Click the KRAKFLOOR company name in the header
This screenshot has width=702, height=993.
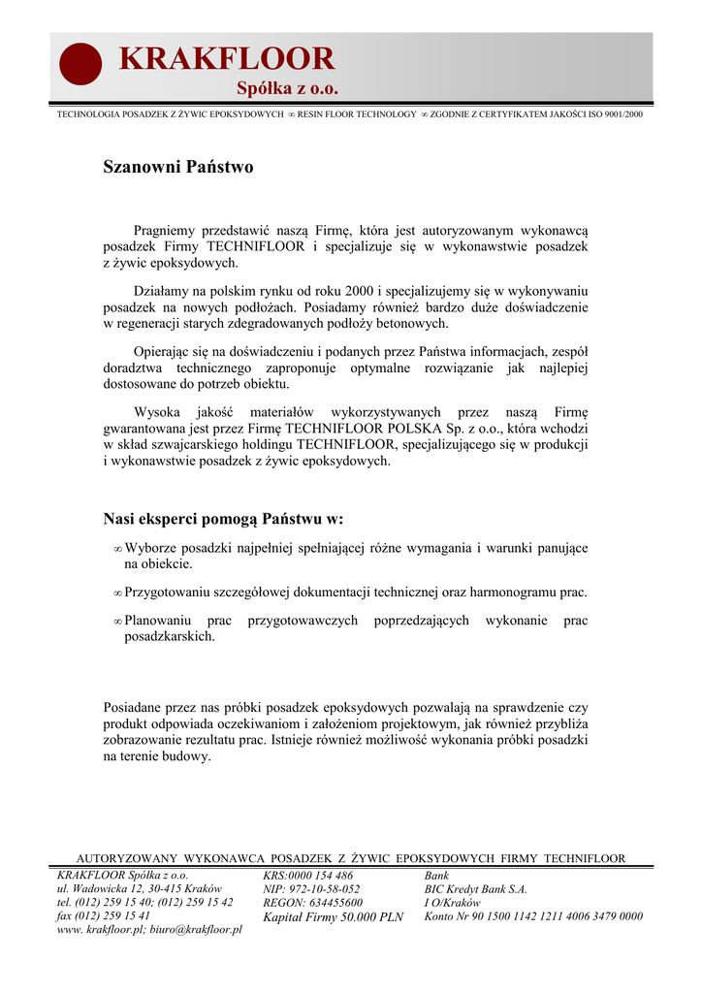tap(226, 59)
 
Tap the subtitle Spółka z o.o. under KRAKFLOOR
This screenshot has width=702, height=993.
tap(288, 89)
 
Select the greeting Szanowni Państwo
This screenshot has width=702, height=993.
tap(178, 167)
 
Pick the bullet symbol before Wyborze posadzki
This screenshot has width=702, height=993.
tap(117, 549)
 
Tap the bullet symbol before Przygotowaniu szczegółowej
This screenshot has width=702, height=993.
tap(117, 593)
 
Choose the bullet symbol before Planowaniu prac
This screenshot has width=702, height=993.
tap(117, 621)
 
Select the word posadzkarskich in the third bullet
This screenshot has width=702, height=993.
tap(170, 636)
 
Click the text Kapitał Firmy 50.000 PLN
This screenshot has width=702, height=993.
tap(333, 916)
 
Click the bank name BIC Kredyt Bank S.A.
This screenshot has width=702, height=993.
tap(475, 888)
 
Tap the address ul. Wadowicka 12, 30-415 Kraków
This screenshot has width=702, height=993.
tap(140, 888)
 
